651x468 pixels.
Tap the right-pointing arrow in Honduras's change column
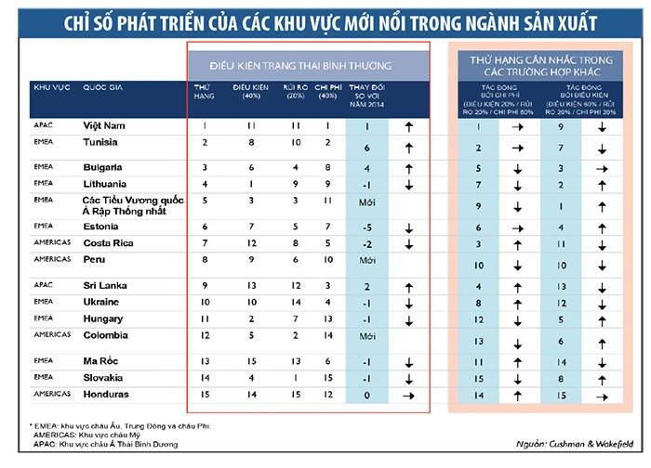[x=405, y=395]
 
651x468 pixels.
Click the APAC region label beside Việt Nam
[x=42, y=123]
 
